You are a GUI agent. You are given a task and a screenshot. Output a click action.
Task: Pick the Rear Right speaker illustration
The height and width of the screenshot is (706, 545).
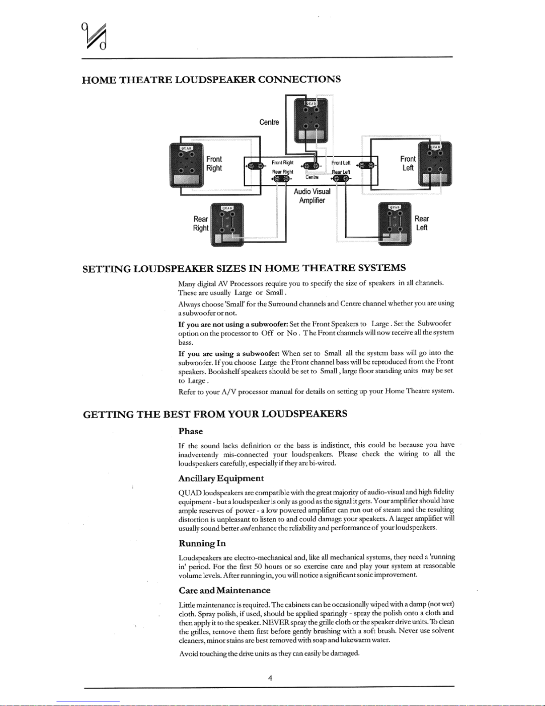[226, 224]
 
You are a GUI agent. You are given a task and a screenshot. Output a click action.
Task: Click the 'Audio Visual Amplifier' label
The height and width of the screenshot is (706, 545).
[312, 196]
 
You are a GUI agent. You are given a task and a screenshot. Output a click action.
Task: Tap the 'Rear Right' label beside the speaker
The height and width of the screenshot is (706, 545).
[201, 224]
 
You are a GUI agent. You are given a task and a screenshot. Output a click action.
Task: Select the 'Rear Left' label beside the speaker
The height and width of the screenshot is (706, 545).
[422, 223]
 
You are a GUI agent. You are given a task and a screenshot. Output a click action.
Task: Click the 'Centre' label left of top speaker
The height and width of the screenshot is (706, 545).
[269, 122]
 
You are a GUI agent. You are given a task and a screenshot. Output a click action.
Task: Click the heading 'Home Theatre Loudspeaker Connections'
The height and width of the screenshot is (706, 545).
[212, 80]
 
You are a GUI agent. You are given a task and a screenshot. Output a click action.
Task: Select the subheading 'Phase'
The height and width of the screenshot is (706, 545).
[190, 431]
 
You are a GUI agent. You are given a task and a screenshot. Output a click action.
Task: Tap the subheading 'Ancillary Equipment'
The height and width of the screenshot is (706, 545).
[221, 478]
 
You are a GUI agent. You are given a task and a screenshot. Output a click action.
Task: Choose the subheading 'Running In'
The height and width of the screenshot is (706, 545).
[202, 543]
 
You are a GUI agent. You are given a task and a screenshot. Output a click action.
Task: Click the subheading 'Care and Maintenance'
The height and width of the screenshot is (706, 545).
[224, 590]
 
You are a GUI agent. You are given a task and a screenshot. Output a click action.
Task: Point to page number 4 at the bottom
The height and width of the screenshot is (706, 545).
[270, 678]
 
